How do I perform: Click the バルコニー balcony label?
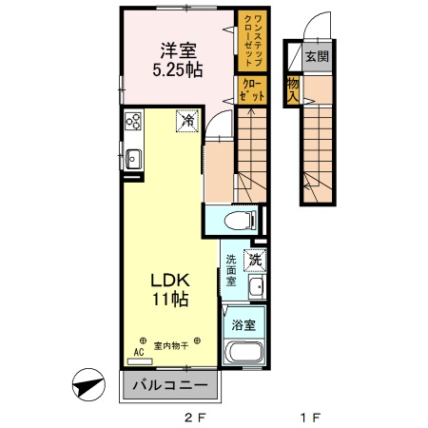[x=171, y=387]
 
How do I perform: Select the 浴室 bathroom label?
[x=243, y=325]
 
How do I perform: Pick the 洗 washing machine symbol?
[x=255, y=259]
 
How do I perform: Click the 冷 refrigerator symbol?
[x=187, y=122]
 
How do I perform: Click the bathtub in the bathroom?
[x=243, y=356]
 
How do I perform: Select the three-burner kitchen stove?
[x=132, y=122]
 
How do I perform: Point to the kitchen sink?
[x=131, y=159]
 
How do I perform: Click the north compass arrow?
[x=88, y=388]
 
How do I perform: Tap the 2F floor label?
[x=194, y=417]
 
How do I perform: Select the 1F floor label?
[x=308, y=417]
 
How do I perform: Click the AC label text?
[x=139, y=351]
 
